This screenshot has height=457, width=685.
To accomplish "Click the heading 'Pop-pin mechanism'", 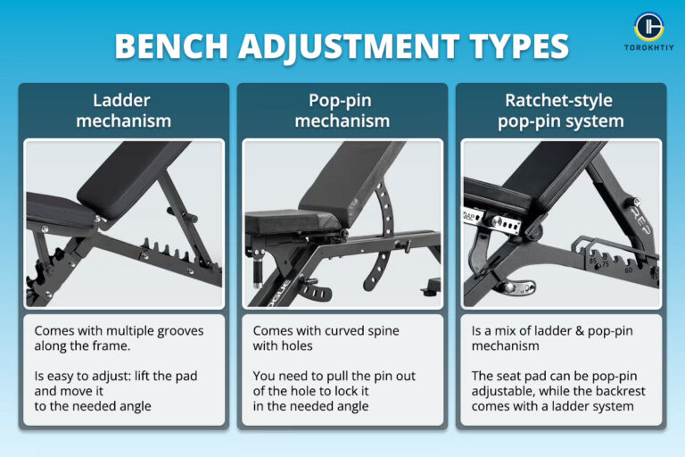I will point(342,112).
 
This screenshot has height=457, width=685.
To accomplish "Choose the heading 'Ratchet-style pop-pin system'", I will point(561,112).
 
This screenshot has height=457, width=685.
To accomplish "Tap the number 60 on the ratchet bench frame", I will point(630,268).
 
